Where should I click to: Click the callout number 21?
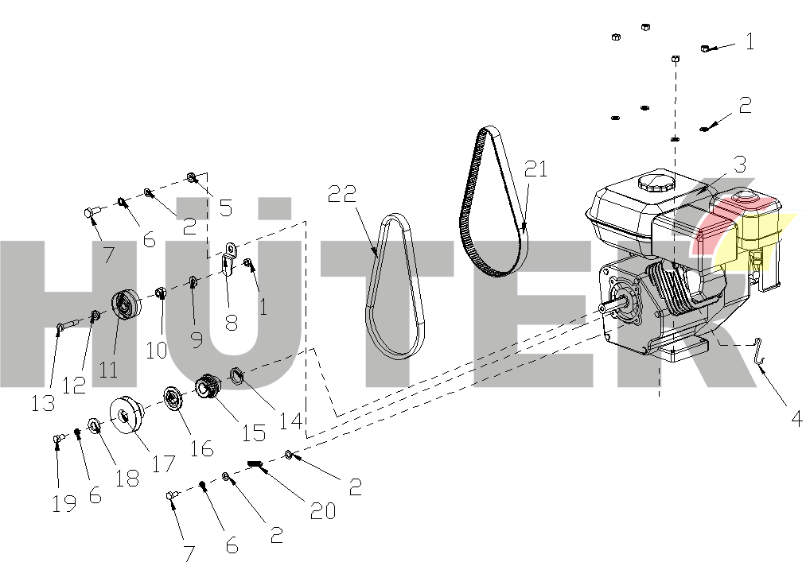point(535,169)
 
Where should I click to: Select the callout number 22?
point(342,194)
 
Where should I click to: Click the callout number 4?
point(796,419)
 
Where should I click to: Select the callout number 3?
point(739,165)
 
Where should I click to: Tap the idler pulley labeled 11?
point(126,304)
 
